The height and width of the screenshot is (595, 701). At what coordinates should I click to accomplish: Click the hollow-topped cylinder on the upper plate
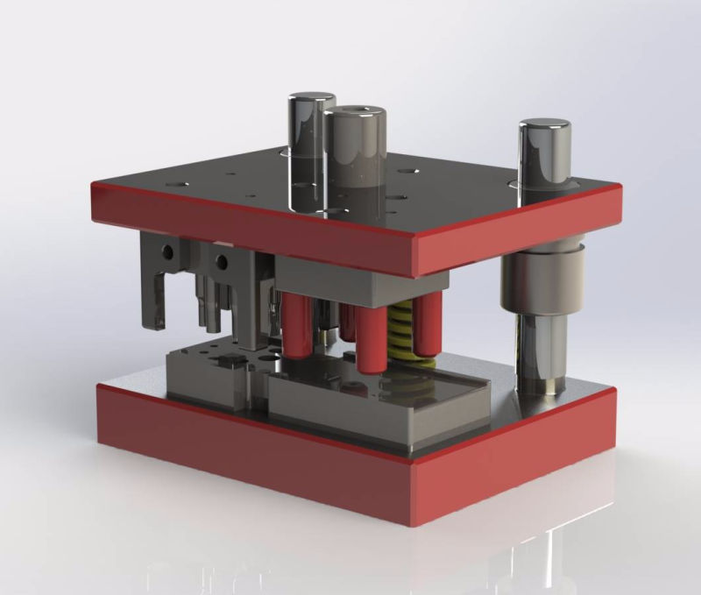(x=355, y=158)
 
